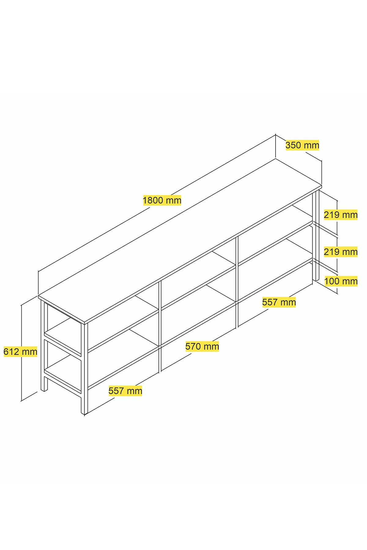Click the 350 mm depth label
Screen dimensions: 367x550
[302, 145]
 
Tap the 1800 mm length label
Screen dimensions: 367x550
[162, 200]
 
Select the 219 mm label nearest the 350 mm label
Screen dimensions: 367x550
[341, 215]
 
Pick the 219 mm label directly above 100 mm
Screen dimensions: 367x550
[341, 252]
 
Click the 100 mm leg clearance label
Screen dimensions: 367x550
[341, 281]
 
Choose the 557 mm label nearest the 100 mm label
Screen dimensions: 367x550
[279, 302]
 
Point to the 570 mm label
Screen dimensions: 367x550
[202, 346]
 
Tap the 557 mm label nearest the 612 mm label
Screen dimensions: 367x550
[125, 391]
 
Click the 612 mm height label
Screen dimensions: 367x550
[20, 352]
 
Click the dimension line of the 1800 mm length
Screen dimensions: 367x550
[157, 203]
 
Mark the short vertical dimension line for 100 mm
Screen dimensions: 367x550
[337, 283]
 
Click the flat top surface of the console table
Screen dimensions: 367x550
[180, 240]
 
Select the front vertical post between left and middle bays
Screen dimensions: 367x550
[160, 327]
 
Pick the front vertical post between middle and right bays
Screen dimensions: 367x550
[237, 282]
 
